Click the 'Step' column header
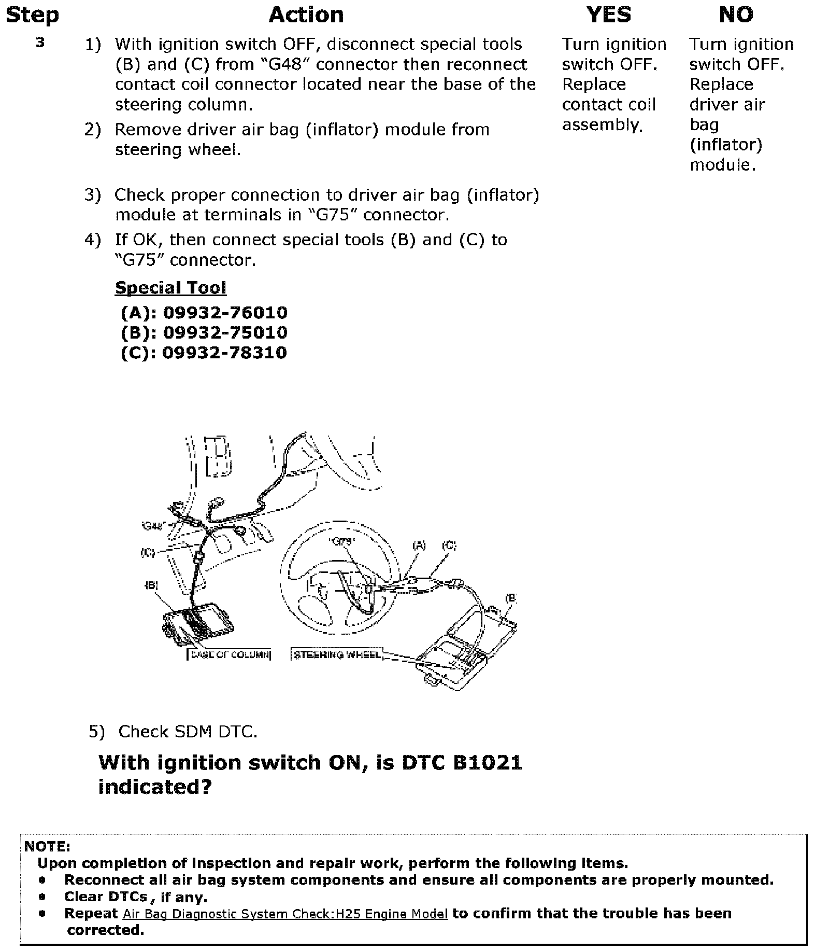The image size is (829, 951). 32,15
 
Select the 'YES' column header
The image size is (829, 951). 609,15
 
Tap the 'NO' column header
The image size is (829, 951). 736,15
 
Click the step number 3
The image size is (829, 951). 40,43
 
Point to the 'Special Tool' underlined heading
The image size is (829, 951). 170,288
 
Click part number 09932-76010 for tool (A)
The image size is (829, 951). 225,313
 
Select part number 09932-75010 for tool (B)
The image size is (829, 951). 225,332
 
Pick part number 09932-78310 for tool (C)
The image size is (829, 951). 224,353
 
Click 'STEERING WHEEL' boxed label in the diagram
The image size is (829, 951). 337,654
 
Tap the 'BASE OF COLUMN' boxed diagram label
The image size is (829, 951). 229,654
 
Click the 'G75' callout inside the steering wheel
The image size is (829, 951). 342,542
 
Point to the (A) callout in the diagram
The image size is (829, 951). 419,545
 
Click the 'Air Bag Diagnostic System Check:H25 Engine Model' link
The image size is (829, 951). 285,914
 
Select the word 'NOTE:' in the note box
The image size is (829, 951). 47,847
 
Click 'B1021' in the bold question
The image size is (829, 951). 487,763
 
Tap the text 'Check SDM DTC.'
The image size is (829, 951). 188,732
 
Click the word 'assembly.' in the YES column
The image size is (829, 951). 602,125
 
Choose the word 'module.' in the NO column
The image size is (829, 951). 722,165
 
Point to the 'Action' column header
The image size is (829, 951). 306,15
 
